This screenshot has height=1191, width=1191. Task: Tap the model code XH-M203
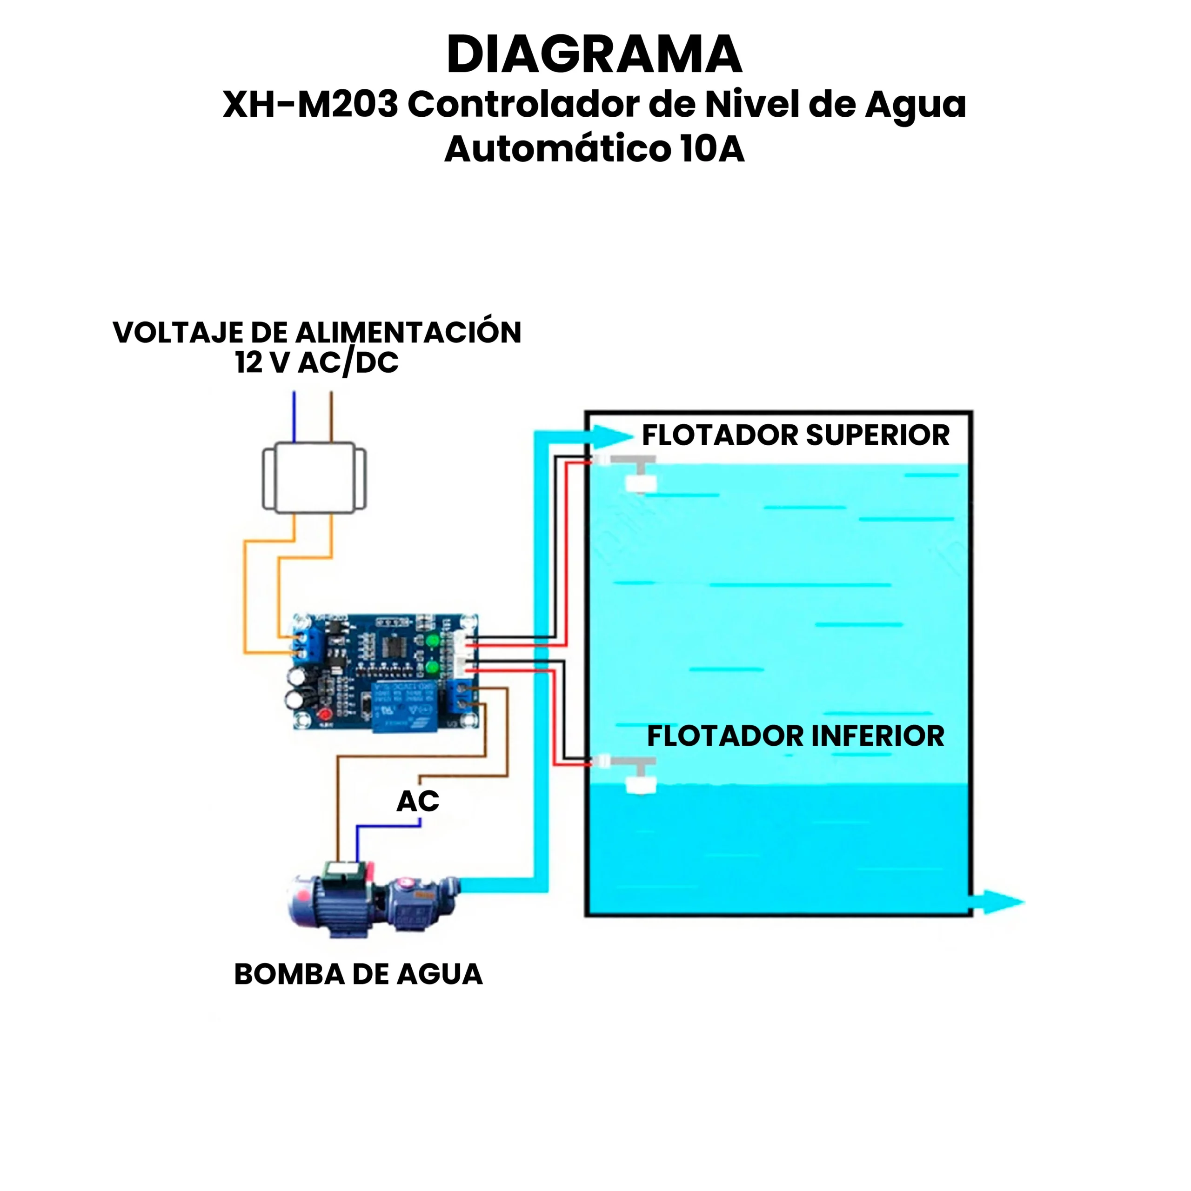pos(310,105)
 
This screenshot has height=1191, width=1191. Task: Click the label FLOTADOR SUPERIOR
pos(795,435)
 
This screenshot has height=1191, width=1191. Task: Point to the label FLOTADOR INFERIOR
pos(795,736)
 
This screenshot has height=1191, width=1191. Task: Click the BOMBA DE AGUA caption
pos(358,975)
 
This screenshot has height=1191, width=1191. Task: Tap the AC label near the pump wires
pos(417,802)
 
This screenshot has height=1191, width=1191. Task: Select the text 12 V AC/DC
pos(316,362)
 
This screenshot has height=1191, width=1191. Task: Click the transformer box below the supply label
pos(314,477)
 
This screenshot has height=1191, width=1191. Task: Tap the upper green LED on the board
pos(433,641)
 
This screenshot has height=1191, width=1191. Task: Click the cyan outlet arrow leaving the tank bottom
pos(999,903)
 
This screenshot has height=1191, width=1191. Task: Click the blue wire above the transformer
pos(294,416)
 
